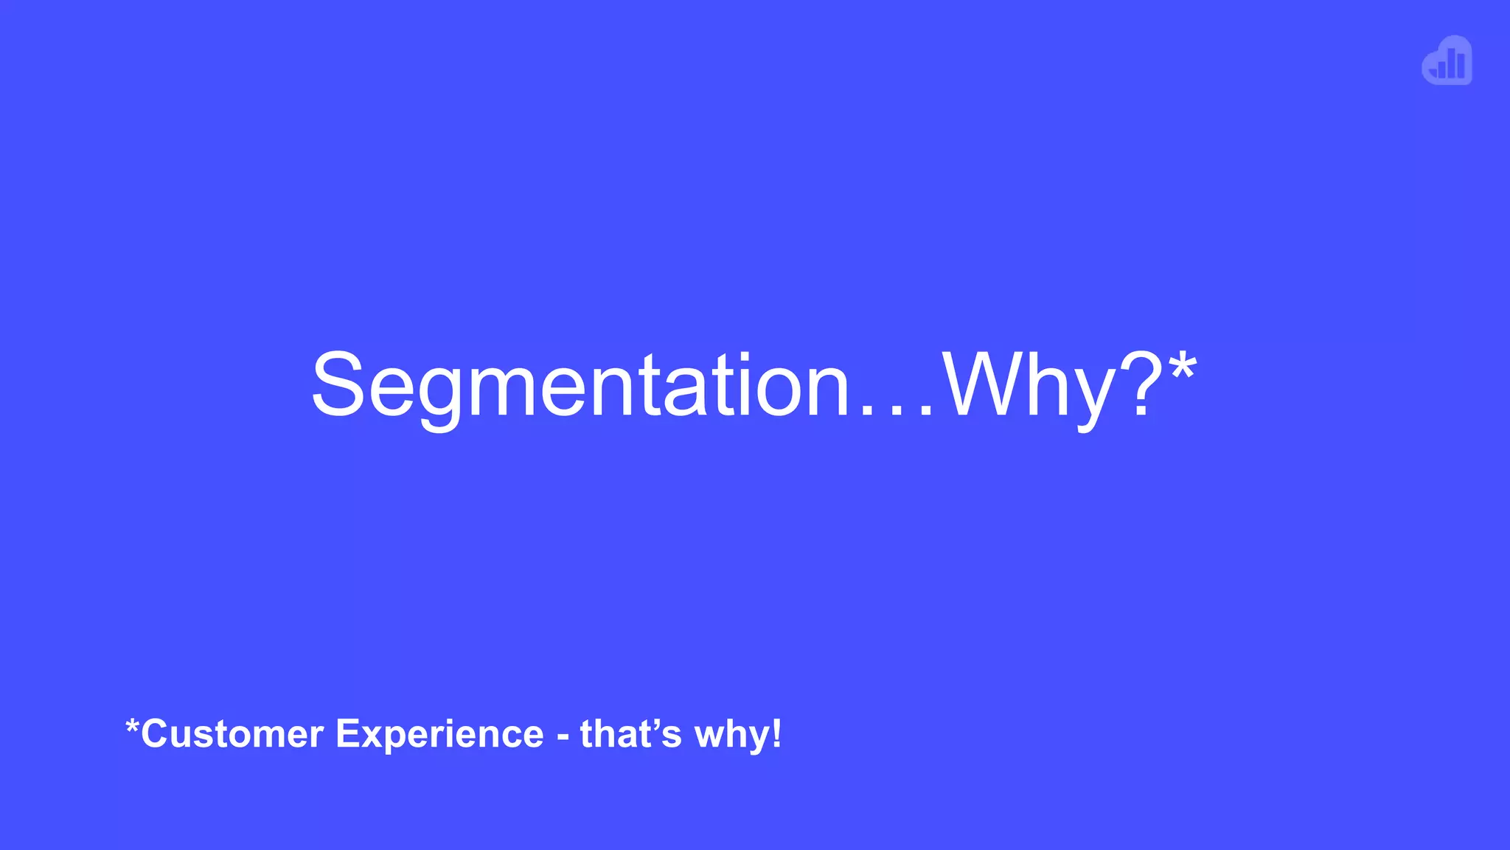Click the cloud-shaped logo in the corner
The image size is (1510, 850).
pos(1447,61)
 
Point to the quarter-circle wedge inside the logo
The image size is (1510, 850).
pos(1434,72)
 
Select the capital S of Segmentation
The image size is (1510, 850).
pos(338,385)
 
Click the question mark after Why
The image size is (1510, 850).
pos(1139,385)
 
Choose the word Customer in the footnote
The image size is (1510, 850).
pos(232,734)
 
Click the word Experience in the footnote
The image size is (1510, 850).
pos(439,735)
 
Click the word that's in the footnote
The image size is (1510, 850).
pos(630,734)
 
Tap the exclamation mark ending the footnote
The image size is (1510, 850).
pos(776,734)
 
